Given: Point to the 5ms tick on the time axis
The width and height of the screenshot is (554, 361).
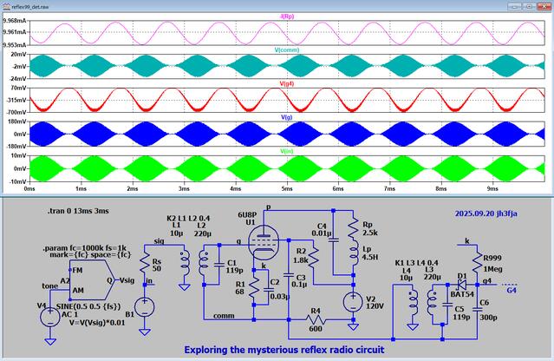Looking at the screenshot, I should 285,187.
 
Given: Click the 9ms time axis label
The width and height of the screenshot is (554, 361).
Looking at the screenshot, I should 492,187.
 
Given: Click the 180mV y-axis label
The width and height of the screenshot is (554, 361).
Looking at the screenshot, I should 14,122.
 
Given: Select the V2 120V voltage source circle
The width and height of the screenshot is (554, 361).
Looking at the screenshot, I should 352,301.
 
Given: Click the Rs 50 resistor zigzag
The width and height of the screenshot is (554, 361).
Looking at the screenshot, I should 146,265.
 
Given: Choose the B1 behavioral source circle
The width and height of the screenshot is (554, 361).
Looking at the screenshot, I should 146,305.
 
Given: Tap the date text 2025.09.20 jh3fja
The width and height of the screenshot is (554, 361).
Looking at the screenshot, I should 490,213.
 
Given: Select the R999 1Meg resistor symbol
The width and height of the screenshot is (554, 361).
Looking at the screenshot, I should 476,259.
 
